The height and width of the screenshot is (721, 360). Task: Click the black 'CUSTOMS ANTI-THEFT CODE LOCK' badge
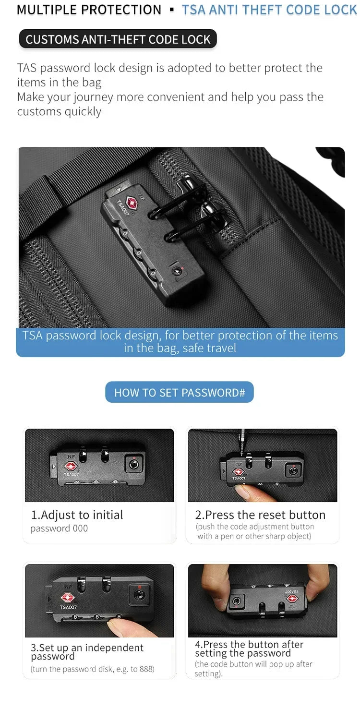point(118,39)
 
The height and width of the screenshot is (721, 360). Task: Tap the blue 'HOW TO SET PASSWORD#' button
point(180,392)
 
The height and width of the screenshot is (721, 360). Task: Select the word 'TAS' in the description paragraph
point(27,68)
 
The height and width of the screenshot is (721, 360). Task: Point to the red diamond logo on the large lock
point(132,203)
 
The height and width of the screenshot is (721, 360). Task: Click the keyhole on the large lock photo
point(176,271)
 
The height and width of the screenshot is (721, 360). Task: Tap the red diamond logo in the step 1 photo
point(70,466)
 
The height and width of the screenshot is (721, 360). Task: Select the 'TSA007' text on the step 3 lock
point(68,607)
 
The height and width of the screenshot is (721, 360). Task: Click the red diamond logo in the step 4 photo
point(292,599)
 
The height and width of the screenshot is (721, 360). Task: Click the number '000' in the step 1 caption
point(80,529)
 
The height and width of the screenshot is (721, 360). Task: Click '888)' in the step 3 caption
point(147,669)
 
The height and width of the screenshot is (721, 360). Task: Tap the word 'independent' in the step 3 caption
point(114,648)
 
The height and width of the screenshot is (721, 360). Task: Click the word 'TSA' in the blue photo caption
point(32,336)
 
